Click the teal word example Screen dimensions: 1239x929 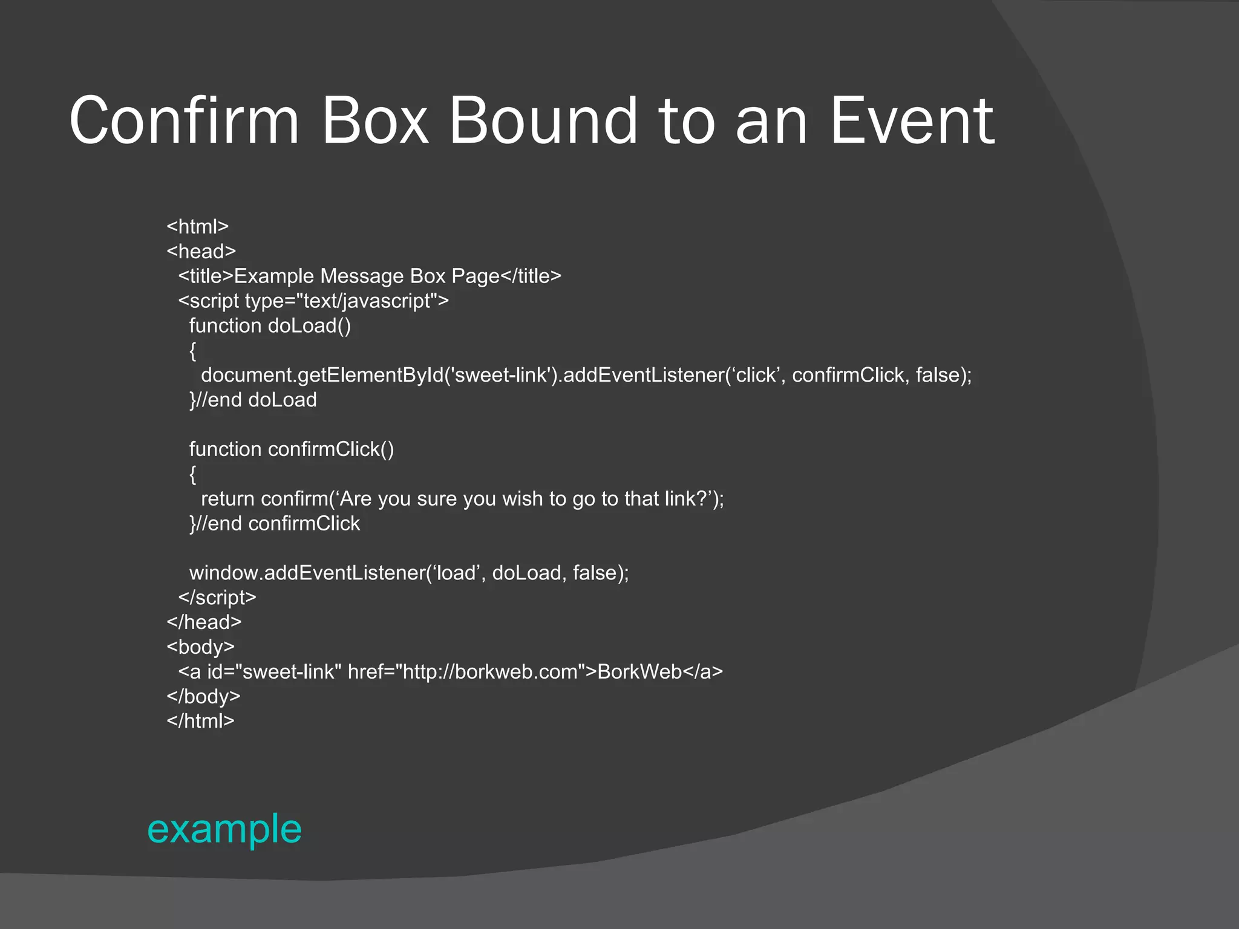(x=224, y=829)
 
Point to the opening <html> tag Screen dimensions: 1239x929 (x=198, y=226)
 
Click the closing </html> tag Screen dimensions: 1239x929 (x=200, y=721)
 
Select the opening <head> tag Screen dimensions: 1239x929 (x=201, y=251)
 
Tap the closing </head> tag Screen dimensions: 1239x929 (x=204, y=622)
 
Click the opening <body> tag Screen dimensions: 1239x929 (x=200, y=647)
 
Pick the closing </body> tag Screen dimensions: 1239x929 (x=203, y=696)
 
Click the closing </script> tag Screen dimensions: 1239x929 (x=217, y=597)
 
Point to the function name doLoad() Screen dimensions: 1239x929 (x=309, y=325)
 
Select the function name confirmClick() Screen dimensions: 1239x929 (x=331, y=449)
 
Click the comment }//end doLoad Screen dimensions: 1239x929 (x=253, y=400)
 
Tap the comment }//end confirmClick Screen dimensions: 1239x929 (x=275, y=523)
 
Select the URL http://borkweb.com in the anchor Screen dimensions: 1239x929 (x=489, y=671)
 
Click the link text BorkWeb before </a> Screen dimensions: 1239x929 (x=639, y=671)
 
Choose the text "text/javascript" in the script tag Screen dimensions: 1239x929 (x=370, y=301)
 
